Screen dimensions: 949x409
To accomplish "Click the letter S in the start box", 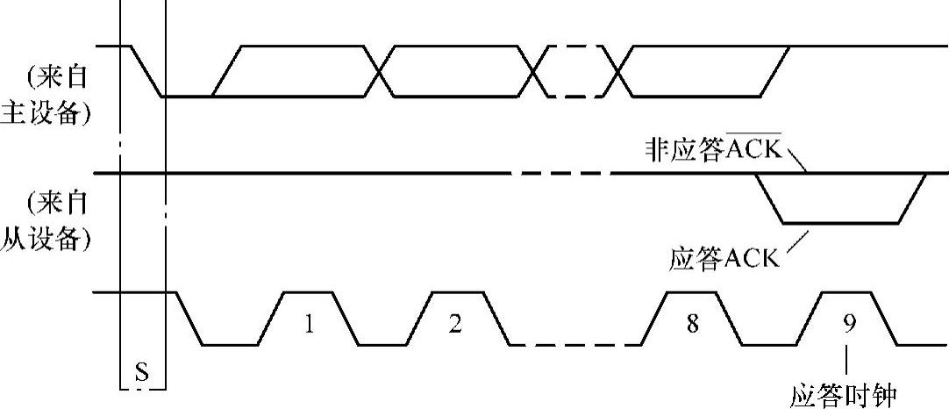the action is pyautogui.click(x=142, y=373).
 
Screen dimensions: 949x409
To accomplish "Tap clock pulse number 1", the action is pyautogui.click(x=308, y=324).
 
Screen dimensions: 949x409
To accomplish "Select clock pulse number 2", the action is pyautogui.click(x=454, y=324).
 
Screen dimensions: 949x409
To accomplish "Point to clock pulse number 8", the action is pyautogui.click(x=693, y=324).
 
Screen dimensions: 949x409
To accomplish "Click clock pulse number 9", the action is pyautogui.click(x=848, y=324).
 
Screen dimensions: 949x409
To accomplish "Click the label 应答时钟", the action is pyautogui.click(x=845, y=396).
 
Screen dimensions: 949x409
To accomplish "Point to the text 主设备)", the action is pyautogui.click(x=47, y=115).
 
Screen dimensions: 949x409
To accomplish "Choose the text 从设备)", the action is pyautogui.click(x=47, y=240).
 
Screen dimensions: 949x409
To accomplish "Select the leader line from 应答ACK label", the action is pyautogui.click(x=797, y=241).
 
